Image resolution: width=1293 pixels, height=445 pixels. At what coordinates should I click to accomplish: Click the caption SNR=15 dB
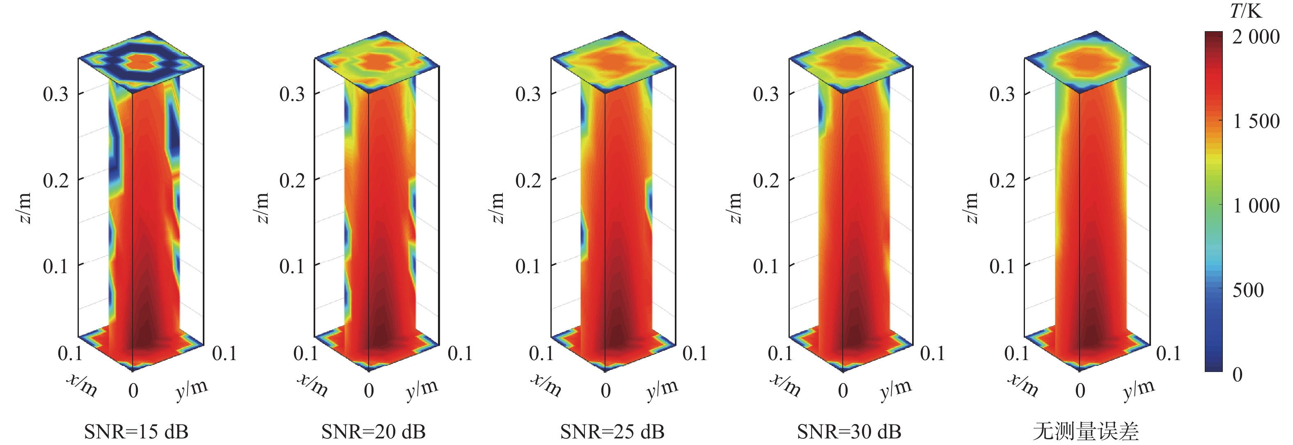tap(136, 431)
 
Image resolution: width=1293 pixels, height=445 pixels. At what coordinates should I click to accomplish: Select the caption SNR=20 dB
tap(374, 431)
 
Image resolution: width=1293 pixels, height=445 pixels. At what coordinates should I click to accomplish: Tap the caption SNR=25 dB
tap(612, 431)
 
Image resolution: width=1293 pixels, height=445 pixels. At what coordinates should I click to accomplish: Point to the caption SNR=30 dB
tap(849, 431)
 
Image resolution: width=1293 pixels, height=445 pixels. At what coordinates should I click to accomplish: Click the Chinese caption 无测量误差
tap(1086, 431)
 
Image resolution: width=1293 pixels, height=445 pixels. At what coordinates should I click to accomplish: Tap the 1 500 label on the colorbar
tap(1256, 121)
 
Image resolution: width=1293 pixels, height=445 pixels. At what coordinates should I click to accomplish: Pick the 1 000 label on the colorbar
tap(1256, 205)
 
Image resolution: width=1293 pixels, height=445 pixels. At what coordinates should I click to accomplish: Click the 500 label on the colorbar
tap(1248, 290)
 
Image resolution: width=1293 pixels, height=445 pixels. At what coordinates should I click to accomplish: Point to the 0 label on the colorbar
tap(1237, 374)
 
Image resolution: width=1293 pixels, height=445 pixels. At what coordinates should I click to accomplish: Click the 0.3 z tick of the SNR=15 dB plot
tap(55, 94)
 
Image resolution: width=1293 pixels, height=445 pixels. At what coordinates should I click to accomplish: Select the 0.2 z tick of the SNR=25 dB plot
tap(528, 180)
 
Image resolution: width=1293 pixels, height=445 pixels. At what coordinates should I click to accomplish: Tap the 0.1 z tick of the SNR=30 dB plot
tap(766, 266)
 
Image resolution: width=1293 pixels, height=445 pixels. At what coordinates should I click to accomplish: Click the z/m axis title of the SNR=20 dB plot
tap(262, 207)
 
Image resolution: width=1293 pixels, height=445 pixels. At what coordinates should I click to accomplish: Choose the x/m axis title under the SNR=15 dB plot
tap(82, 385)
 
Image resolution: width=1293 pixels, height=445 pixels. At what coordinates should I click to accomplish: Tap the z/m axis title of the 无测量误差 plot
tap(972, 207)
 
